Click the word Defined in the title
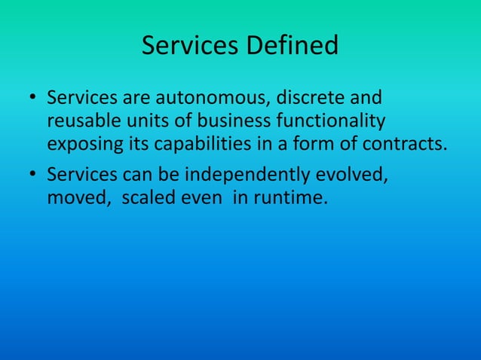click(x=293, y=46)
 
